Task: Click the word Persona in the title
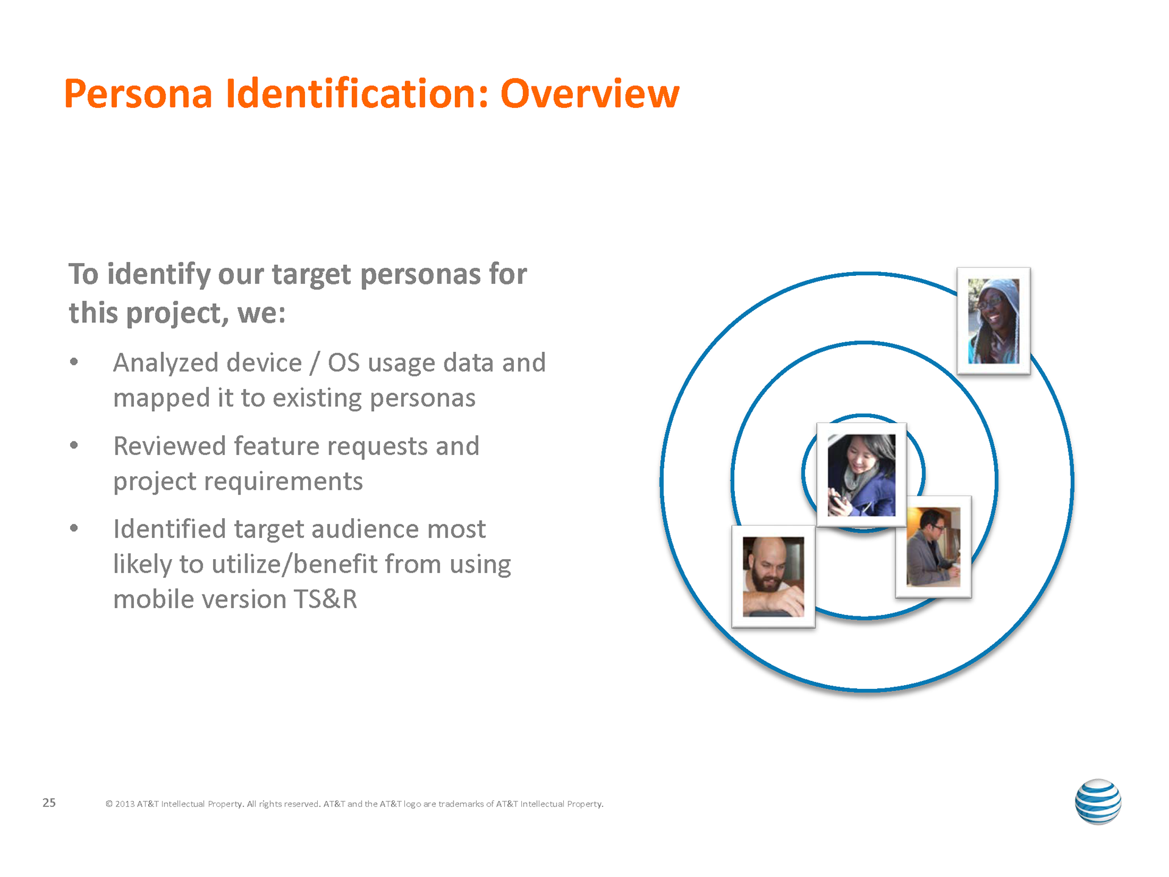(x=138, y=94)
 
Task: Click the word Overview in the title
(x=589, y=94)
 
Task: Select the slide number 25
(x=49, y=803)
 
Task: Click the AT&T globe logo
(x=1098, y=801)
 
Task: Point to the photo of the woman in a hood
(x=994, y=321)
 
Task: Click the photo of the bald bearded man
(x=773, y=576)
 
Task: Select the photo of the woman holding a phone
(x=862, y=475)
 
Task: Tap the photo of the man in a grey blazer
(x=933, y=547)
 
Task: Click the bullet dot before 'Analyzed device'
(x=74, y=362)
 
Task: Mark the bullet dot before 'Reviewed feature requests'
(x=74, y=445)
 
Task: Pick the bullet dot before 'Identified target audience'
(x=74, y=528)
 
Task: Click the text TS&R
(x=325, y=599)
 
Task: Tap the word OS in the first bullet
(x=344, y=363)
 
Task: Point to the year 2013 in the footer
(x=125, y=804)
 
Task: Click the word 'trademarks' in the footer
(x=461, y=804)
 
